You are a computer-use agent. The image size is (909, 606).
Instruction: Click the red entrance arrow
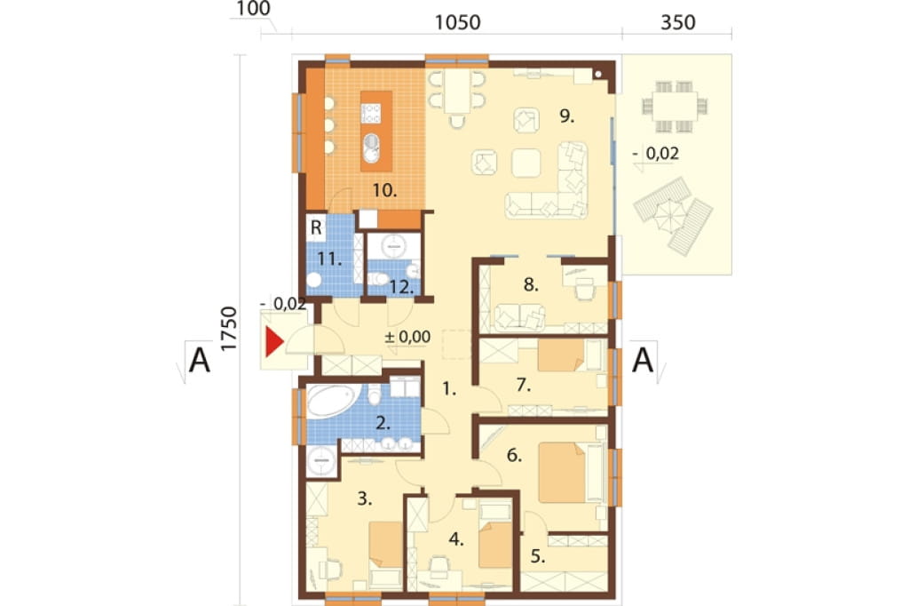(273, 342)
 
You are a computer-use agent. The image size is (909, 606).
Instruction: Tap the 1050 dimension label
(457, 22)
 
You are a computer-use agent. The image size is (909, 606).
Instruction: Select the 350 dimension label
(677, 22)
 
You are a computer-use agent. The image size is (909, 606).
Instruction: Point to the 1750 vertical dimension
(230, 328)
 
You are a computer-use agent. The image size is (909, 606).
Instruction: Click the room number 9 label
(567, 116)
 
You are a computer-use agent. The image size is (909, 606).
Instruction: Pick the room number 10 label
(385, 190)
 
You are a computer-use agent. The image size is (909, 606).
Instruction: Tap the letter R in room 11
(316, 227)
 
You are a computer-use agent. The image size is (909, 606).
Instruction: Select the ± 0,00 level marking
(407, 337)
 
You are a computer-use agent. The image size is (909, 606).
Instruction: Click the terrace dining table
(675, 107)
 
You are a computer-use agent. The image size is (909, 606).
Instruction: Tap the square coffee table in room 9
(526, 163)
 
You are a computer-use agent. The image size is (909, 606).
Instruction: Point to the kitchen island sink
(371, 148)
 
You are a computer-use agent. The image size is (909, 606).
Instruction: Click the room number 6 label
(514, 456)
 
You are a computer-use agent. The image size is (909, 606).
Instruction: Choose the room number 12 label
(401, 287)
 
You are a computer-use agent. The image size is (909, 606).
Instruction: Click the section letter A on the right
(643, 360)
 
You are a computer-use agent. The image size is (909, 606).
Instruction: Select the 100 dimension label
(253, 9)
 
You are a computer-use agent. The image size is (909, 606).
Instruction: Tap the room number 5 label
(537, 556)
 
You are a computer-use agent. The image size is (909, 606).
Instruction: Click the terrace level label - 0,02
(656, 153)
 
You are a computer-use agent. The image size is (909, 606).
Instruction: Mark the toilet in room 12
(378, 279)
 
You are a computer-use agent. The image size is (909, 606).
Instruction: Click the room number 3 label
(365, 498)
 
